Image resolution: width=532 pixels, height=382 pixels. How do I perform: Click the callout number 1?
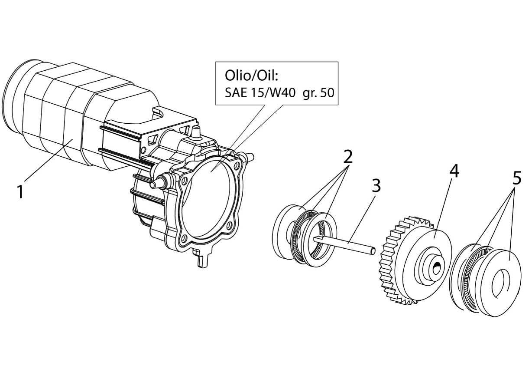point(20,192)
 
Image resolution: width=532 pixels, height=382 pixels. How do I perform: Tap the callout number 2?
point(347,156)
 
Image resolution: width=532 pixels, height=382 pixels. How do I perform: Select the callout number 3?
point(376,186)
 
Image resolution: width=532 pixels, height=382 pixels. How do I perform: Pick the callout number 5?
point(516,178)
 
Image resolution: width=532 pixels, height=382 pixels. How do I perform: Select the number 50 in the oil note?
point(327,93)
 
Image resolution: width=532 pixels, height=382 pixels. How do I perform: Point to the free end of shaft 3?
point(373,251)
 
